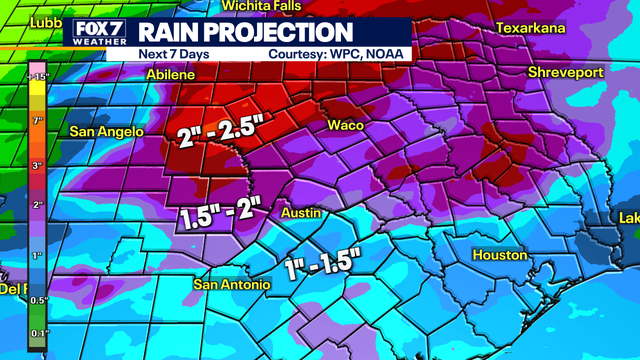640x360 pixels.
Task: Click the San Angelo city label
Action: click(107, 131)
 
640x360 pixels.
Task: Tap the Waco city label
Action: click(345, 125)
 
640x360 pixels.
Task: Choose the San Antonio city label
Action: click(232, 285)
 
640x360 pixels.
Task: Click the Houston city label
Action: click(499, 255)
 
